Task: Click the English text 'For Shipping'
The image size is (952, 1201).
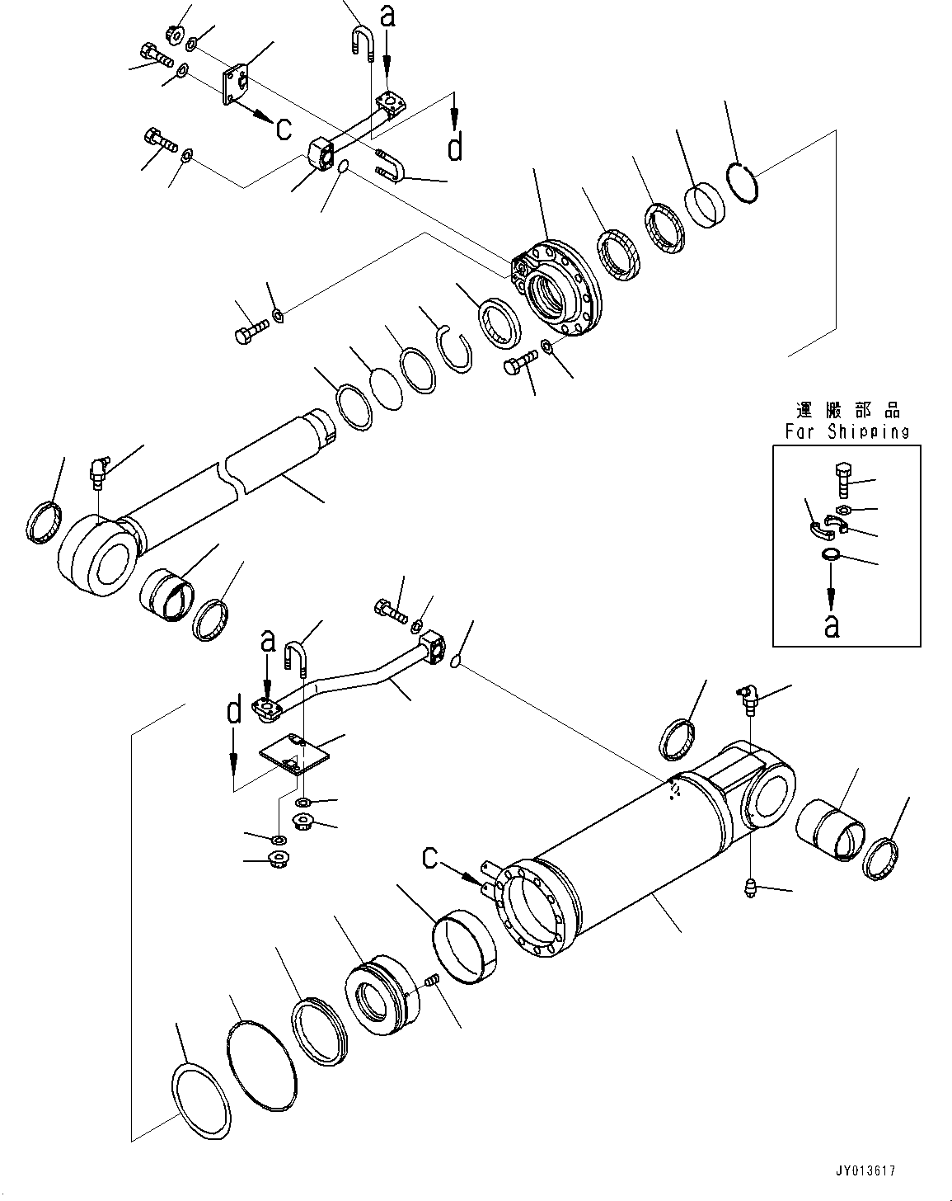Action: [x=846, y=431]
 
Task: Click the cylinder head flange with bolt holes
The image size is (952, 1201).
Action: [x=557, y=285]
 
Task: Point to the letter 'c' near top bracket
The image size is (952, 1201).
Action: [x=282, y=128]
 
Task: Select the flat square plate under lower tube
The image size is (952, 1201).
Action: [x=294, y=755]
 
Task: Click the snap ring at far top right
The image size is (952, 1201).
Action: [x=744, y=182]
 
